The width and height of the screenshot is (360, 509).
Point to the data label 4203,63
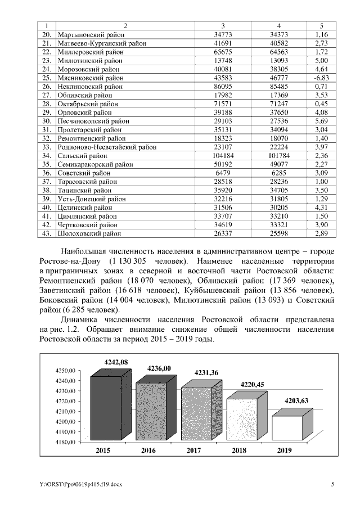coord(299,400)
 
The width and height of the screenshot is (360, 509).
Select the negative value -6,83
coord(321,77)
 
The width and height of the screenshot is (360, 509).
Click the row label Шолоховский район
coord(87,232)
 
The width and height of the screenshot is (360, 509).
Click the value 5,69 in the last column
coord(321,121)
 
